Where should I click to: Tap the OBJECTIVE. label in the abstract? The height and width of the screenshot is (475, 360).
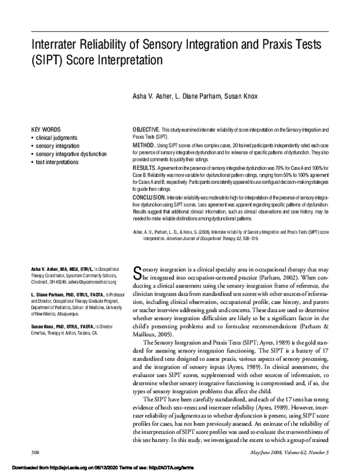click(x=145, y=130)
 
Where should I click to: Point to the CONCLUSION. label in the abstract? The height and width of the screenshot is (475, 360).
click(x=148, y=198)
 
